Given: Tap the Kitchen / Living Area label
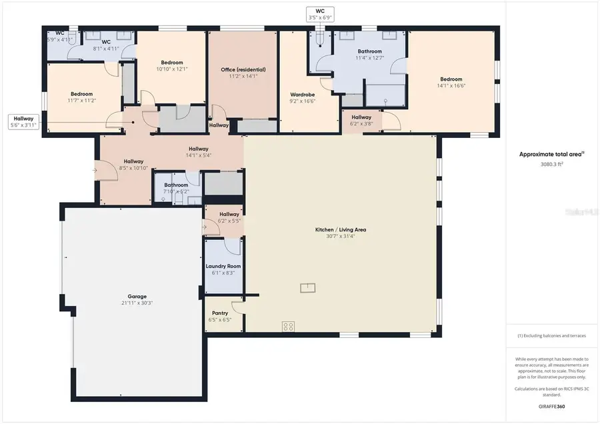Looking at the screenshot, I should [x=341, y=230].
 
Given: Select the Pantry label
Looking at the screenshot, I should [x=220, y=313].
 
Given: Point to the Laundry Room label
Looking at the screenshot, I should [x=223, y=266].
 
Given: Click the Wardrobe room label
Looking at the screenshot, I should [x=302, y=95].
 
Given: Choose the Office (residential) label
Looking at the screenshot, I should [x=243, y=69].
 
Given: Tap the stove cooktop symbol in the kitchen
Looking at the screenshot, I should [x=289, y=327].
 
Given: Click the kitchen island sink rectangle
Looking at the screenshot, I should [x=308, y=287].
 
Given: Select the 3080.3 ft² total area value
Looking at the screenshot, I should [x=551, y=163].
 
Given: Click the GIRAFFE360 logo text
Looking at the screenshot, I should [x=551, y=405].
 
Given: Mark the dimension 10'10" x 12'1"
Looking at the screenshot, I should [x=172, y=69].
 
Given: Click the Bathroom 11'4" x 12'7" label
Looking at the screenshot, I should [x=369, y=55].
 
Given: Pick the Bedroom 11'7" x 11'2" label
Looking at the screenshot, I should [x=82, y=97].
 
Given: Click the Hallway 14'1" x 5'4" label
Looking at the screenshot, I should [x=198, y=152].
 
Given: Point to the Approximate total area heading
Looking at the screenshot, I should [x=551, y=154].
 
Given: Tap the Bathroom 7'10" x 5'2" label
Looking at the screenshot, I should [x=177, y=188].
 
